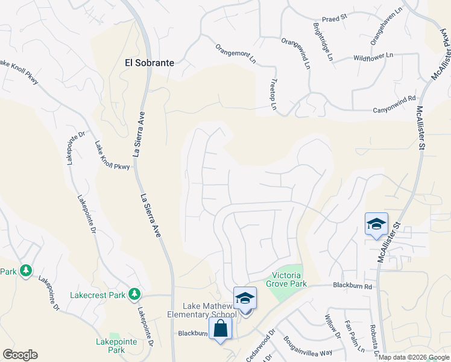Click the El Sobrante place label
click(x=149, y=62)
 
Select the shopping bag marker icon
click(x=220, y=329)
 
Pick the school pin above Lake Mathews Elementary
click(x=245, y=297)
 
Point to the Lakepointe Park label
click(x=116, y=345)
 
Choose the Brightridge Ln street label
click(x=323, y=42)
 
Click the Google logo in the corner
click(x=20, y=355)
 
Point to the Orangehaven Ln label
click(x=385, y=26)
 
